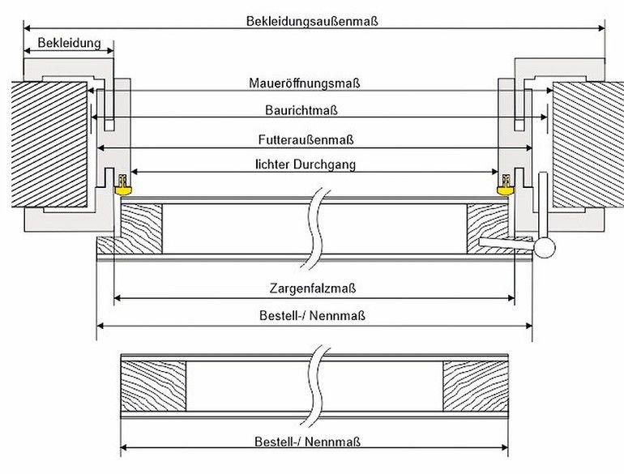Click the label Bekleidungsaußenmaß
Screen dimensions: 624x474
(x=312, y=21)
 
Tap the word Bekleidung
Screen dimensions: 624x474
(x=69, y=43)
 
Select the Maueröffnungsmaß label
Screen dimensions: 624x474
(x=305, y=83)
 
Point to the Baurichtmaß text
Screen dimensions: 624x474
(x=301, y=110)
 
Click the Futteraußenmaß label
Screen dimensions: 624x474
(x=306, y=139)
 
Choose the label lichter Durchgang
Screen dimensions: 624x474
(x=306, y=164)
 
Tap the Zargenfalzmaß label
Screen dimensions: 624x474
(x=312, y=288)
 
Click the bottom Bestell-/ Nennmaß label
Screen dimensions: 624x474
(x=307, y=442)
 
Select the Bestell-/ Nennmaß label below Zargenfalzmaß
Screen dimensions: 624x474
(x=312, y=316)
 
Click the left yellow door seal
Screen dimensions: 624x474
(x=122, y=186)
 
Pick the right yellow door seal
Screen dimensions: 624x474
(x=506, y=186)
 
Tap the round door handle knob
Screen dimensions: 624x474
(x=544, y=248)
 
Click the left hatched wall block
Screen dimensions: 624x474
(x=49, y=144)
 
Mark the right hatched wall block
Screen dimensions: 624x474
(x=588, y=144)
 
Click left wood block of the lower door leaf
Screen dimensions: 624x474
(x=153, y=386)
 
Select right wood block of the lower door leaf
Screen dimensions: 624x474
(x=475, y=386)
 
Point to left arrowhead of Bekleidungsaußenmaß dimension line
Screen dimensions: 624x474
(x=27, y=28)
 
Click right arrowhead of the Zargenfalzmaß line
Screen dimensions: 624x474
(x=511, y=297)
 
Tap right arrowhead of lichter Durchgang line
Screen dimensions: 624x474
(x=494, y=172)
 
